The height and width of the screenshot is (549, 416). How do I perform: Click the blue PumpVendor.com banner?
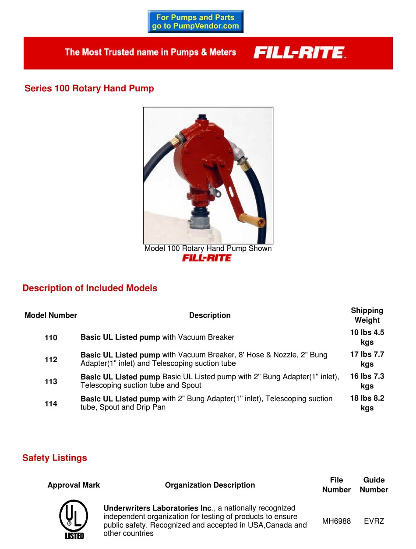tap(195, 22)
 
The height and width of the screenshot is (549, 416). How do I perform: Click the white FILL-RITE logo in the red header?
tap(300, 53)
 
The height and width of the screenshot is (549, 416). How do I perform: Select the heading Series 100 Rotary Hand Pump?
tap(89, 88)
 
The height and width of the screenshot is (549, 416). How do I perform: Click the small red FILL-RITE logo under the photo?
tap(207, 258)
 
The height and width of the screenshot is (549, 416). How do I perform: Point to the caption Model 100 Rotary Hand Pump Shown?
tap(208, 248)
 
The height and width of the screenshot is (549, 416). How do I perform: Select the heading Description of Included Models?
tap(90, 288)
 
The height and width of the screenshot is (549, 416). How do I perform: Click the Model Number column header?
tap(51, 315)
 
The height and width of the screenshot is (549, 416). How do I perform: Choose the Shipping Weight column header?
tap(367, 315)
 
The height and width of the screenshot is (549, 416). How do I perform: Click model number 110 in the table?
tap(51, 338)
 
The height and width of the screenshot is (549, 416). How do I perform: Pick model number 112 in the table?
tap(51, 360)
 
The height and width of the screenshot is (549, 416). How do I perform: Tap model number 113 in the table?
tap(51, 381)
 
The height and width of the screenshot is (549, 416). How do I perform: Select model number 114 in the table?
tap(51, 404)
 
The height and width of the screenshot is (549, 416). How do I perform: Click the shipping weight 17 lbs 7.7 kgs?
tap(367, 359)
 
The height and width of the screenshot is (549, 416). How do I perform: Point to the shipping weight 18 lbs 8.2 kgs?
tap(367, 403)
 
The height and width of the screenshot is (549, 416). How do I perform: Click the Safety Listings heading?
tap(55, 458)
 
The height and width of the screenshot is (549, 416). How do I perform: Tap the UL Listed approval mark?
tap(74, 520)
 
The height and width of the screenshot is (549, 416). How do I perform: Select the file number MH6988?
tap(336, 521)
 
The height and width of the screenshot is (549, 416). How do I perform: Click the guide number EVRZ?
tap(374, 521)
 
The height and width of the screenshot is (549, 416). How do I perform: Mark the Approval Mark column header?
tap(74, 485)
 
